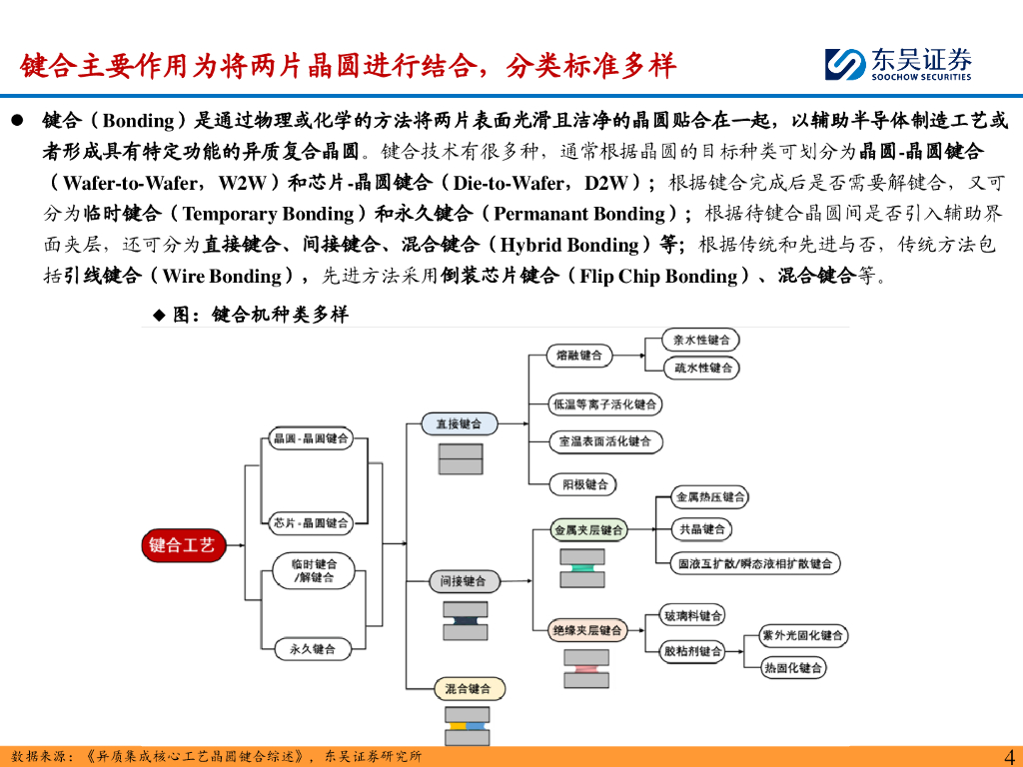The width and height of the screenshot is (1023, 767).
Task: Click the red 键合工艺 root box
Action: [182, 544]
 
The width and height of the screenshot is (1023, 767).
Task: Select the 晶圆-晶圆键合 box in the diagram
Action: [311, 438]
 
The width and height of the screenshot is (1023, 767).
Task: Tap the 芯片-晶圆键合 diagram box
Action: [311, 522]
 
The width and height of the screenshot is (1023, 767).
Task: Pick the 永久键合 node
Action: [313, 648]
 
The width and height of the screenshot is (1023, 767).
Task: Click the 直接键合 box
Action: [459, 423]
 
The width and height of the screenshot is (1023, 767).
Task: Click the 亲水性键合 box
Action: [701, 340]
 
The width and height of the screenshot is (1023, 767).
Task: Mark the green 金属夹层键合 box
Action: [588, 530]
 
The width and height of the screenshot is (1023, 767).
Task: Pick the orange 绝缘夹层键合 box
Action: [588, 630]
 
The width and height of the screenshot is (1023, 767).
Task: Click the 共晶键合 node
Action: [702, 529]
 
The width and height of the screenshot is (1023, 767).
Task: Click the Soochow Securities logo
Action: [898, 65]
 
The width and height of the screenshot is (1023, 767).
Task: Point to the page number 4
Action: [1007, 756]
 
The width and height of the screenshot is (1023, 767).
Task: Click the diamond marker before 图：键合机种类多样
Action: [158, 315]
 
